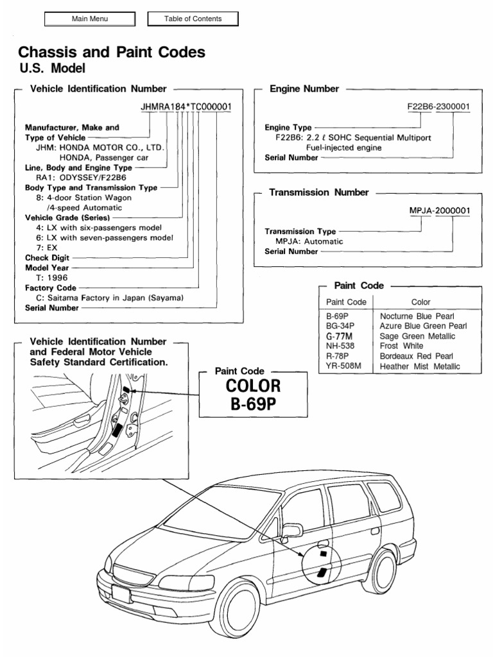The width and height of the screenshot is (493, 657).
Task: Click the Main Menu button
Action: [89, 19]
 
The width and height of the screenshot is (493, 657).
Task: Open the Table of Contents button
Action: [193, 19]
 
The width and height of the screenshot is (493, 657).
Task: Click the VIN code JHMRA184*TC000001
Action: [186, 106]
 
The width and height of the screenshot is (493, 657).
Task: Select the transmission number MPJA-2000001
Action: [439, 210]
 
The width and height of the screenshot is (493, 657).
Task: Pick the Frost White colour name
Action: [402, 346]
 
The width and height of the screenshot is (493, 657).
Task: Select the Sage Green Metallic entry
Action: [417, 336]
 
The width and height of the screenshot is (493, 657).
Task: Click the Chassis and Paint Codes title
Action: [112, 52]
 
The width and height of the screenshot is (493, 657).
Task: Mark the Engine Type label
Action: [288, 128]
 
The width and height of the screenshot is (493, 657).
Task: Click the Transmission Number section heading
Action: [318, 192]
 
